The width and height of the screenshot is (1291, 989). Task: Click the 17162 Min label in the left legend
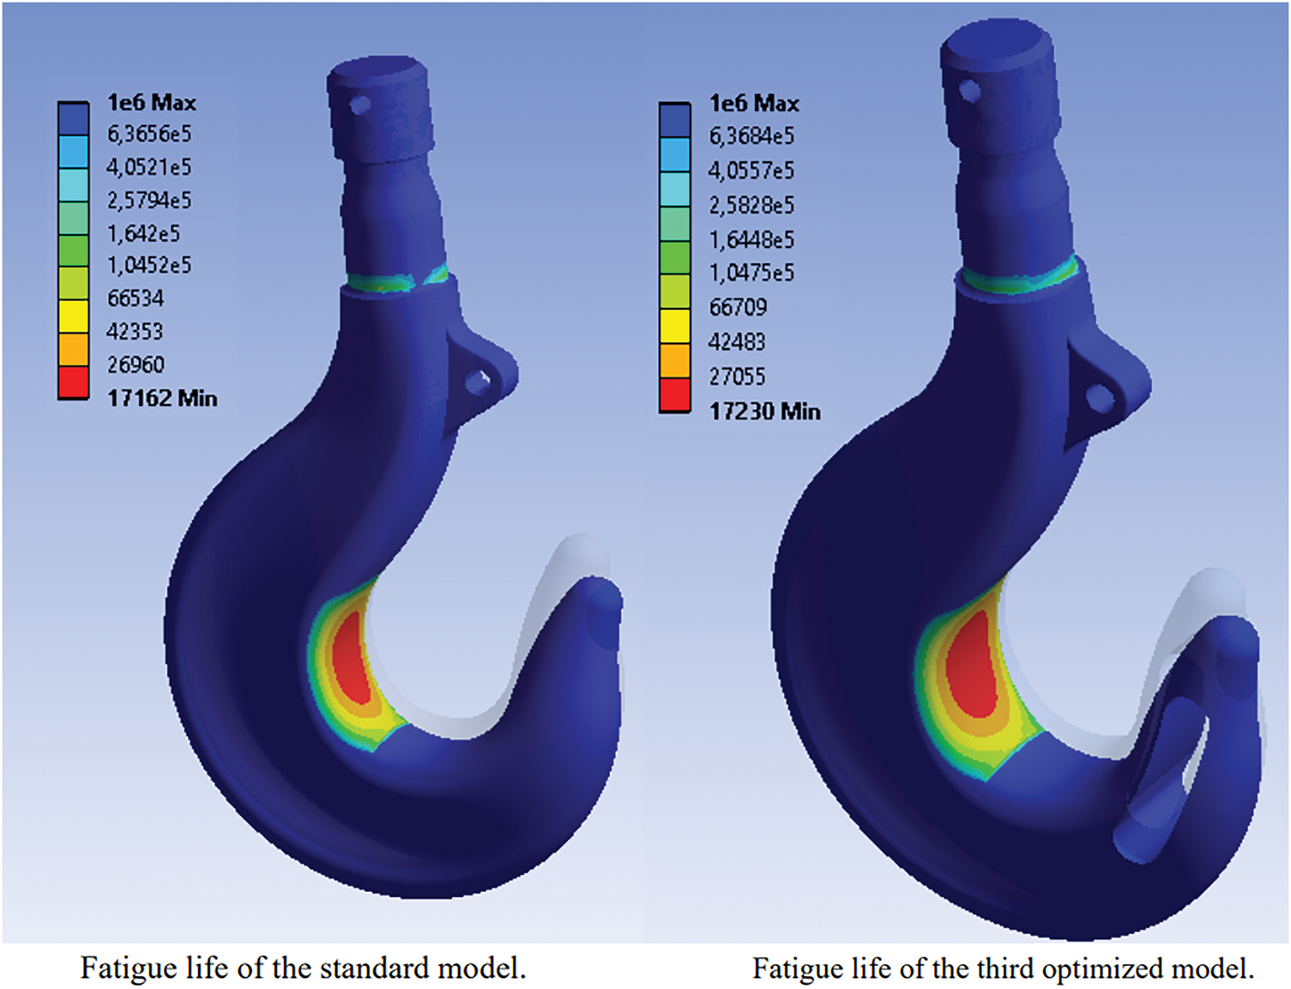click(162, 398)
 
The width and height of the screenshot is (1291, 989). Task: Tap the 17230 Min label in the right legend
click(764, 411)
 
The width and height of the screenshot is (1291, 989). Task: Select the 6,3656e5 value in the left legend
click(149, 135)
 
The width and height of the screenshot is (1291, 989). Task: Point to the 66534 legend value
click(135, 298)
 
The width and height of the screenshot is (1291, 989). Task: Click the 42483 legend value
click(738, 341)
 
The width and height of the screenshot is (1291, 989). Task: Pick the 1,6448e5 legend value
click(751, 239)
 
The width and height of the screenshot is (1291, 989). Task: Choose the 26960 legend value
click(135, 364)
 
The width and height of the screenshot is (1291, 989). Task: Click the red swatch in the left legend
click(73, 382)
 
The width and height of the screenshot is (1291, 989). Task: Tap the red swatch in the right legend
click(675, 394)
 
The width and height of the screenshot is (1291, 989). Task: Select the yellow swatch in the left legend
click(73, 316)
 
